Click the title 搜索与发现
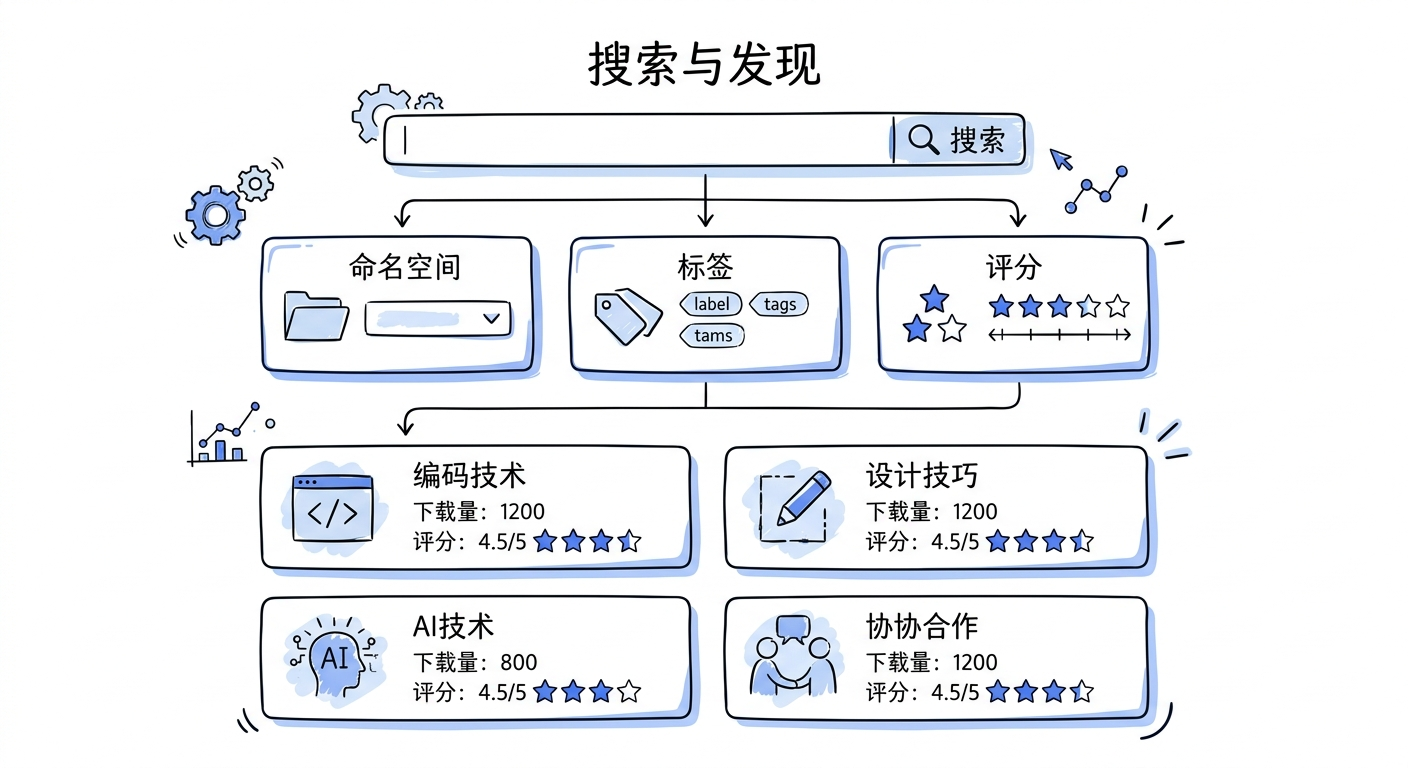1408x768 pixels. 703,64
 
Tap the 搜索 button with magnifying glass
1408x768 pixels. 958,140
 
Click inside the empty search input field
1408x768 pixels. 640,140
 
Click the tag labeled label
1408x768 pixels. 711,304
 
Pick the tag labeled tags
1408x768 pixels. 779,304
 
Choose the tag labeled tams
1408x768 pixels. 712,336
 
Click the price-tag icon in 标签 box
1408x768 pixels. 628,316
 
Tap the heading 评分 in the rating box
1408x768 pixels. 1013,267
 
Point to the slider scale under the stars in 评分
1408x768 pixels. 1059,336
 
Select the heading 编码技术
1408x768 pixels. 469,475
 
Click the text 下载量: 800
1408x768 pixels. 475,662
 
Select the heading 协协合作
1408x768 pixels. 921,627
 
